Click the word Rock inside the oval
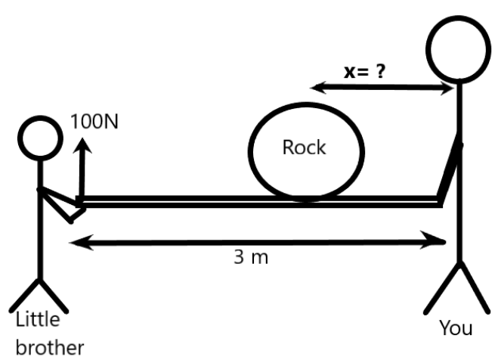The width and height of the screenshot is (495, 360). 304,147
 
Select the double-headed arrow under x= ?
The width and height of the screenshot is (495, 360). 382,88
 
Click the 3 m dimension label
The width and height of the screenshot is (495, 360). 250,258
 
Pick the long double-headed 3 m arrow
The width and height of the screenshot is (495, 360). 257,241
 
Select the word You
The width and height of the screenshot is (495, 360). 456,327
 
